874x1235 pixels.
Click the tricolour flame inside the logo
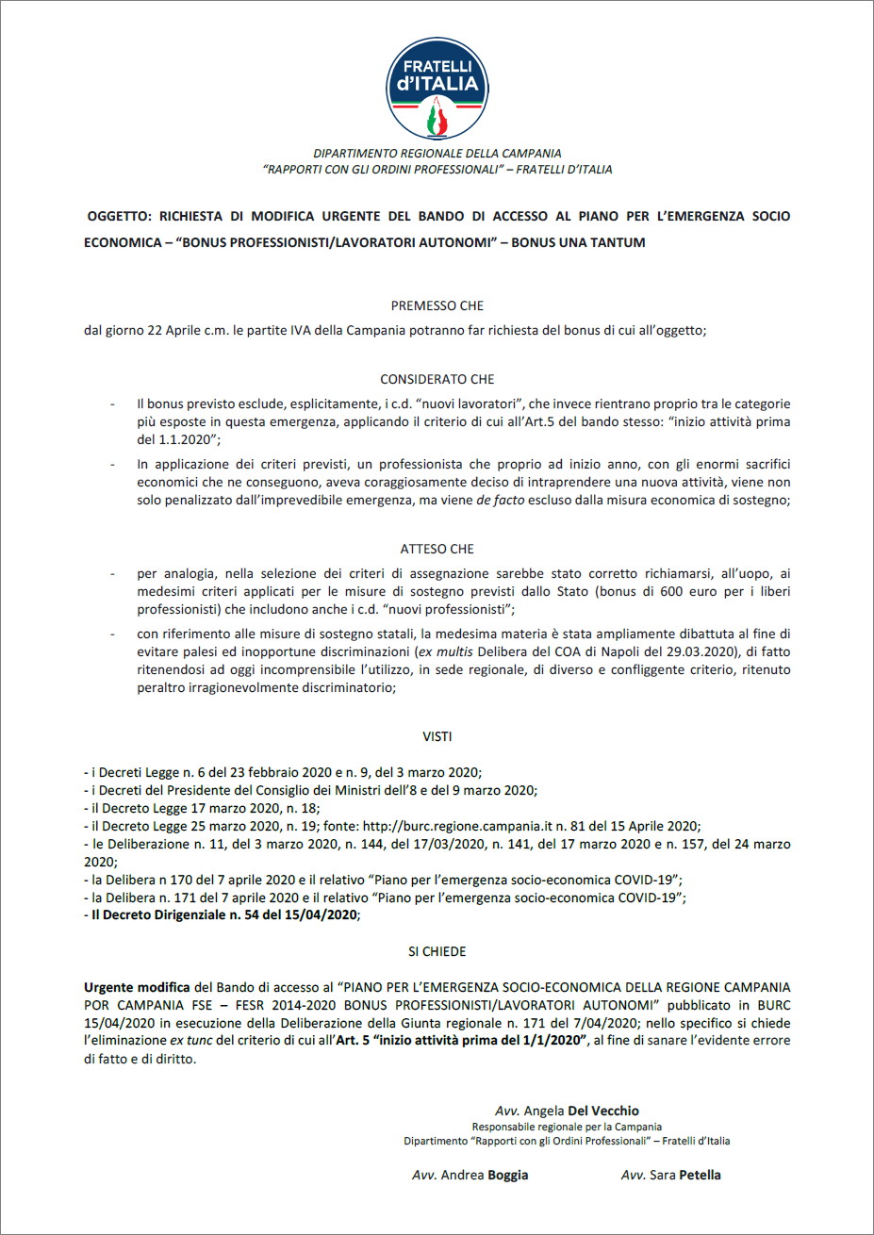click(437, 119)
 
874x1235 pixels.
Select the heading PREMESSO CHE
click(437, 305)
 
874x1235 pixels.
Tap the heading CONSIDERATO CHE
click(437, 379)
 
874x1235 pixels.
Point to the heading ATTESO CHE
click(437, 549)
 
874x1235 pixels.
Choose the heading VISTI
click(437, 736)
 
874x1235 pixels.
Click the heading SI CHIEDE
click(437, 951)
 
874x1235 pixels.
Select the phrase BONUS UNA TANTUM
click(578, 242)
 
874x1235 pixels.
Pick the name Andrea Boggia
click(470, 1175)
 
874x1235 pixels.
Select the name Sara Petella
click(671, 1175)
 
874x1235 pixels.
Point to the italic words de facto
click(495, 500)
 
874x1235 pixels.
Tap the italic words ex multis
click(448, 651)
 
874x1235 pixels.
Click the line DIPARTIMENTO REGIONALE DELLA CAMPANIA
click(437, 153)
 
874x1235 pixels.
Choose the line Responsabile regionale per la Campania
click(567, 1127)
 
